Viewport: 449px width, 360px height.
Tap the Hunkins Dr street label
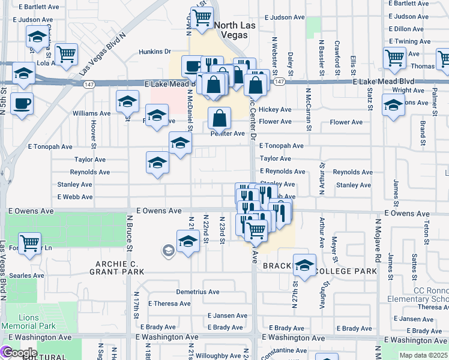tap(155, 52)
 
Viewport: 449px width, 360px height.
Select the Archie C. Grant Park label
tap(118, 268)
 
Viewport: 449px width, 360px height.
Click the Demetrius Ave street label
tap(197, 292)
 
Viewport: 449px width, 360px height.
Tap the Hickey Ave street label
tap(275, 110)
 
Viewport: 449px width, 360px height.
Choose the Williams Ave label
tap(91, 113)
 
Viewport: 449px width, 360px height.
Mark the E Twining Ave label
tap(410, 41)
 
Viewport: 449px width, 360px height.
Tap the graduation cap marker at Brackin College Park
tap(304, 266)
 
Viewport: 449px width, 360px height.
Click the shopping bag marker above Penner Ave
tap(220, 118)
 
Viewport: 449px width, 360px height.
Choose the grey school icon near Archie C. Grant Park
tap(168, 251)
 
